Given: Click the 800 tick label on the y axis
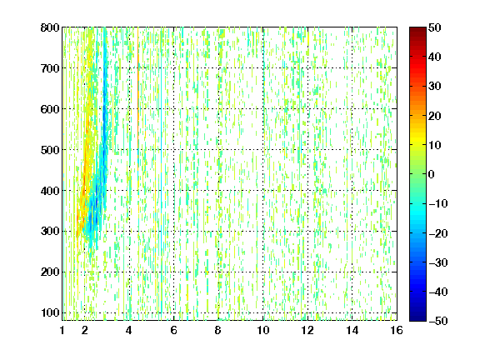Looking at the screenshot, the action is click(x=50, y=27).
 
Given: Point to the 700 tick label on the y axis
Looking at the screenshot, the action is click(x=50, y=68).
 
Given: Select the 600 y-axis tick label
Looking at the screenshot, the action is click(x=50, y=109).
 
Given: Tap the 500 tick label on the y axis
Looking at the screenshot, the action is click(x=50, y=150).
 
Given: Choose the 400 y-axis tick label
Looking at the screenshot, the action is click(x=50, y=191).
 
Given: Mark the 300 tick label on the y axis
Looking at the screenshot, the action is click(x=50, y=232).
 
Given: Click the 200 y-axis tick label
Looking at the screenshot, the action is click(x=50, y=272).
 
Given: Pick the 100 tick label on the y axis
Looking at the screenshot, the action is click(x=50, y=312).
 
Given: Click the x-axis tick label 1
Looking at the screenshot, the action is click(x=62, y=330).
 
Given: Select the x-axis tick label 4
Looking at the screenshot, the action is click(x=129, y=330).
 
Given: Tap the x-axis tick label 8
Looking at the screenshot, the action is click(x=218, y=330).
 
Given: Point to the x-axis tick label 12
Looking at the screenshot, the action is click(x=307, y=330).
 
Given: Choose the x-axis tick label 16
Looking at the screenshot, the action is click(x=397, y=330).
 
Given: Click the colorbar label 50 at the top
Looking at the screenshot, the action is click(x=435, y=27).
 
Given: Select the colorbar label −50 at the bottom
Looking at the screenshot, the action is click(x=438, y=321).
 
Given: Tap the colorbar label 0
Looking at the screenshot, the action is click(x=432, y=174).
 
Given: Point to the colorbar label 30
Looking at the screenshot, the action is click(x=435, y=87).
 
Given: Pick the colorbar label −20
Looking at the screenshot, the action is click(x=438, y=233).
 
